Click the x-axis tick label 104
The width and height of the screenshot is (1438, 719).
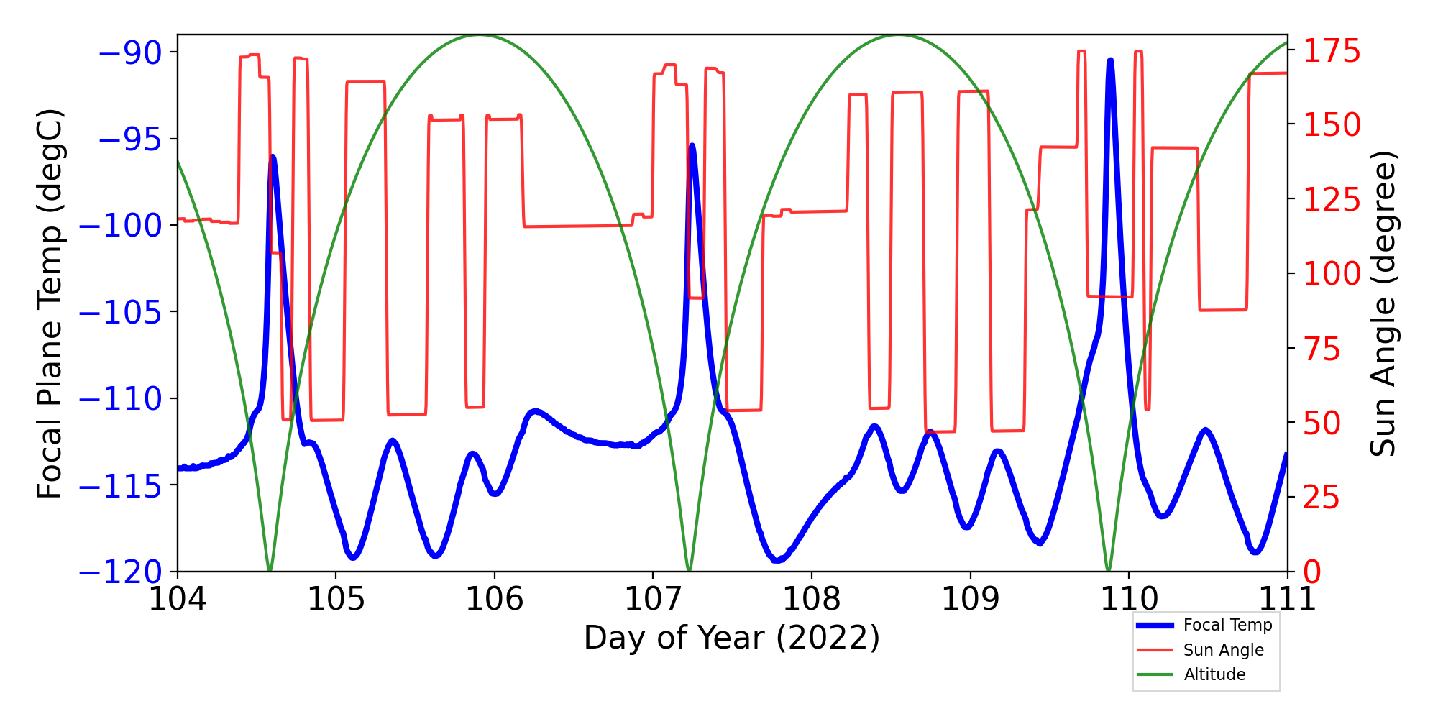click(177, 599)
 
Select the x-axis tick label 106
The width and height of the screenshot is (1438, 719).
click(495, 599)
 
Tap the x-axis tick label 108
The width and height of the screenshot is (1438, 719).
click(812, 599)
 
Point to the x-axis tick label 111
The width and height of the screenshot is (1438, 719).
click(1287, 599)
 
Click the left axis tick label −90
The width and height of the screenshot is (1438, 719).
click(130, 52)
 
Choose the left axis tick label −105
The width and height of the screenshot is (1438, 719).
click(120, 313)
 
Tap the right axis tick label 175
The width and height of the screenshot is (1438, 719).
click(1332, 52)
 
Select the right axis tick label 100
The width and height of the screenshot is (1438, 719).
click(1332, 274)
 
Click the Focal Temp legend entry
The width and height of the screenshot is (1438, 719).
click(1227, 626)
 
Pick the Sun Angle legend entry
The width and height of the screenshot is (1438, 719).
click(1223, 650)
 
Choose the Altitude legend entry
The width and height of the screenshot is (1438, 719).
click(1214, 674)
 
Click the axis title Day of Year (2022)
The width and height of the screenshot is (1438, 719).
click(732, 638)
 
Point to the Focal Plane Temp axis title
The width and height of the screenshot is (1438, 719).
click(50, 303)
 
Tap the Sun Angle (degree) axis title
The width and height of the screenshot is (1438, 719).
click(1383, 303)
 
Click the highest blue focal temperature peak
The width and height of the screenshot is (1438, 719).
click(1110, 61)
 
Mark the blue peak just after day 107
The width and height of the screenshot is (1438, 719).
click(692, 146)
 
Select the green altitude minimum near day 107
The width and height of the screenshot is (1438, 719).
click(689, 570)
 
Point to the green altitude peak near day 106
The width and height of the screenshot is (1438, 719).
click(480, 36)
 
